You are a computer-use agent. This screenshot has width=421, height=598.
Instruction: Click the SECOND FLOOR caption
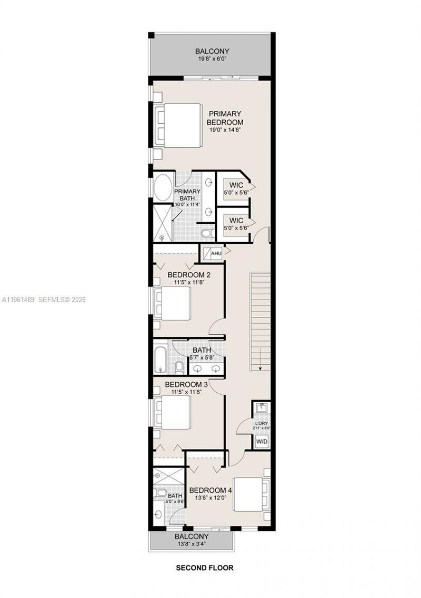coord(204,568)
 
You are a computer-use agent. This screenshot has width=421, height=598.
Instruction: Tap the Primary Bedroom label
coord(225,118)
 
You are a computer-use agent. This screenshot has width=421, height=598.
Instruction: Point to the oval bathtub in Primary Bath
coord(162,188)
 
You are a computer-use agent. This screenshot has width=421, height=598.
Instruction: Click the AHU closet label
coord(216,254)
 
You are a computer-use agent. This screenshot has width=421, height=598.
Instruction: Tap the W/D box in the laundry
coord(262,442)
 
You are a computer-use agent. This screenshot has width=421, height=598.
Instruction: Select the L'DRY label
coord(262,424)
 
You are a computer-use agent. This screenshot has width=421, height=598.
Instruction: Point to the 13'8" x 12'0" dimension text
coord(210,497)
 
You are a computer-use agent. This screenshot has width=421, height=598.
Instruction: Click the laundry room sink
coord(261,407)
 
